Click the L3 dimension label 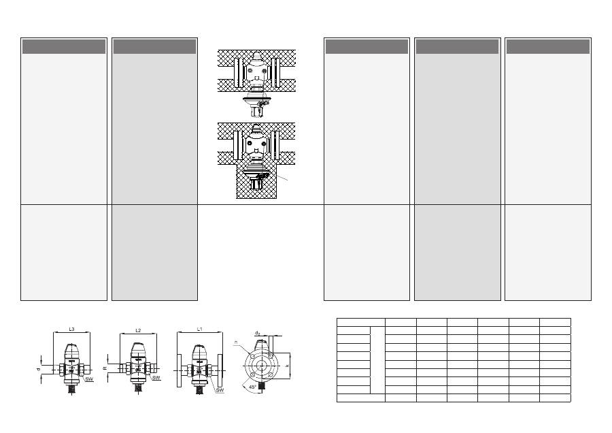click(x=72, y=329)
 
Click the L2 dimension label click(x=137, y=330)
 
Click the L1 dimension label click(x=200, y=329)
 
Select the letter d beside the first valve click(x=39, y=370)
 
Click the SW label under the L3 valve click(x=89, y=378)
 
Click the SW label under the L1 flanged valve click(x=219, y=390)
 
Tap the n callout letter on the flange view click(x=235, y=342)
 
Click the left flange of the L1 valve click(x=179, y=370)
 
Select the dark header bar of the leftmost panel click(x=64, y=46)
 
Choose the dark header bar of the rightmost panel click(x=547, y=46)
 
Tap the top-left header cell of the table click(x=360, y=321)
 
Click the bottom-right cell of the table click(x=555, y=398)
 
